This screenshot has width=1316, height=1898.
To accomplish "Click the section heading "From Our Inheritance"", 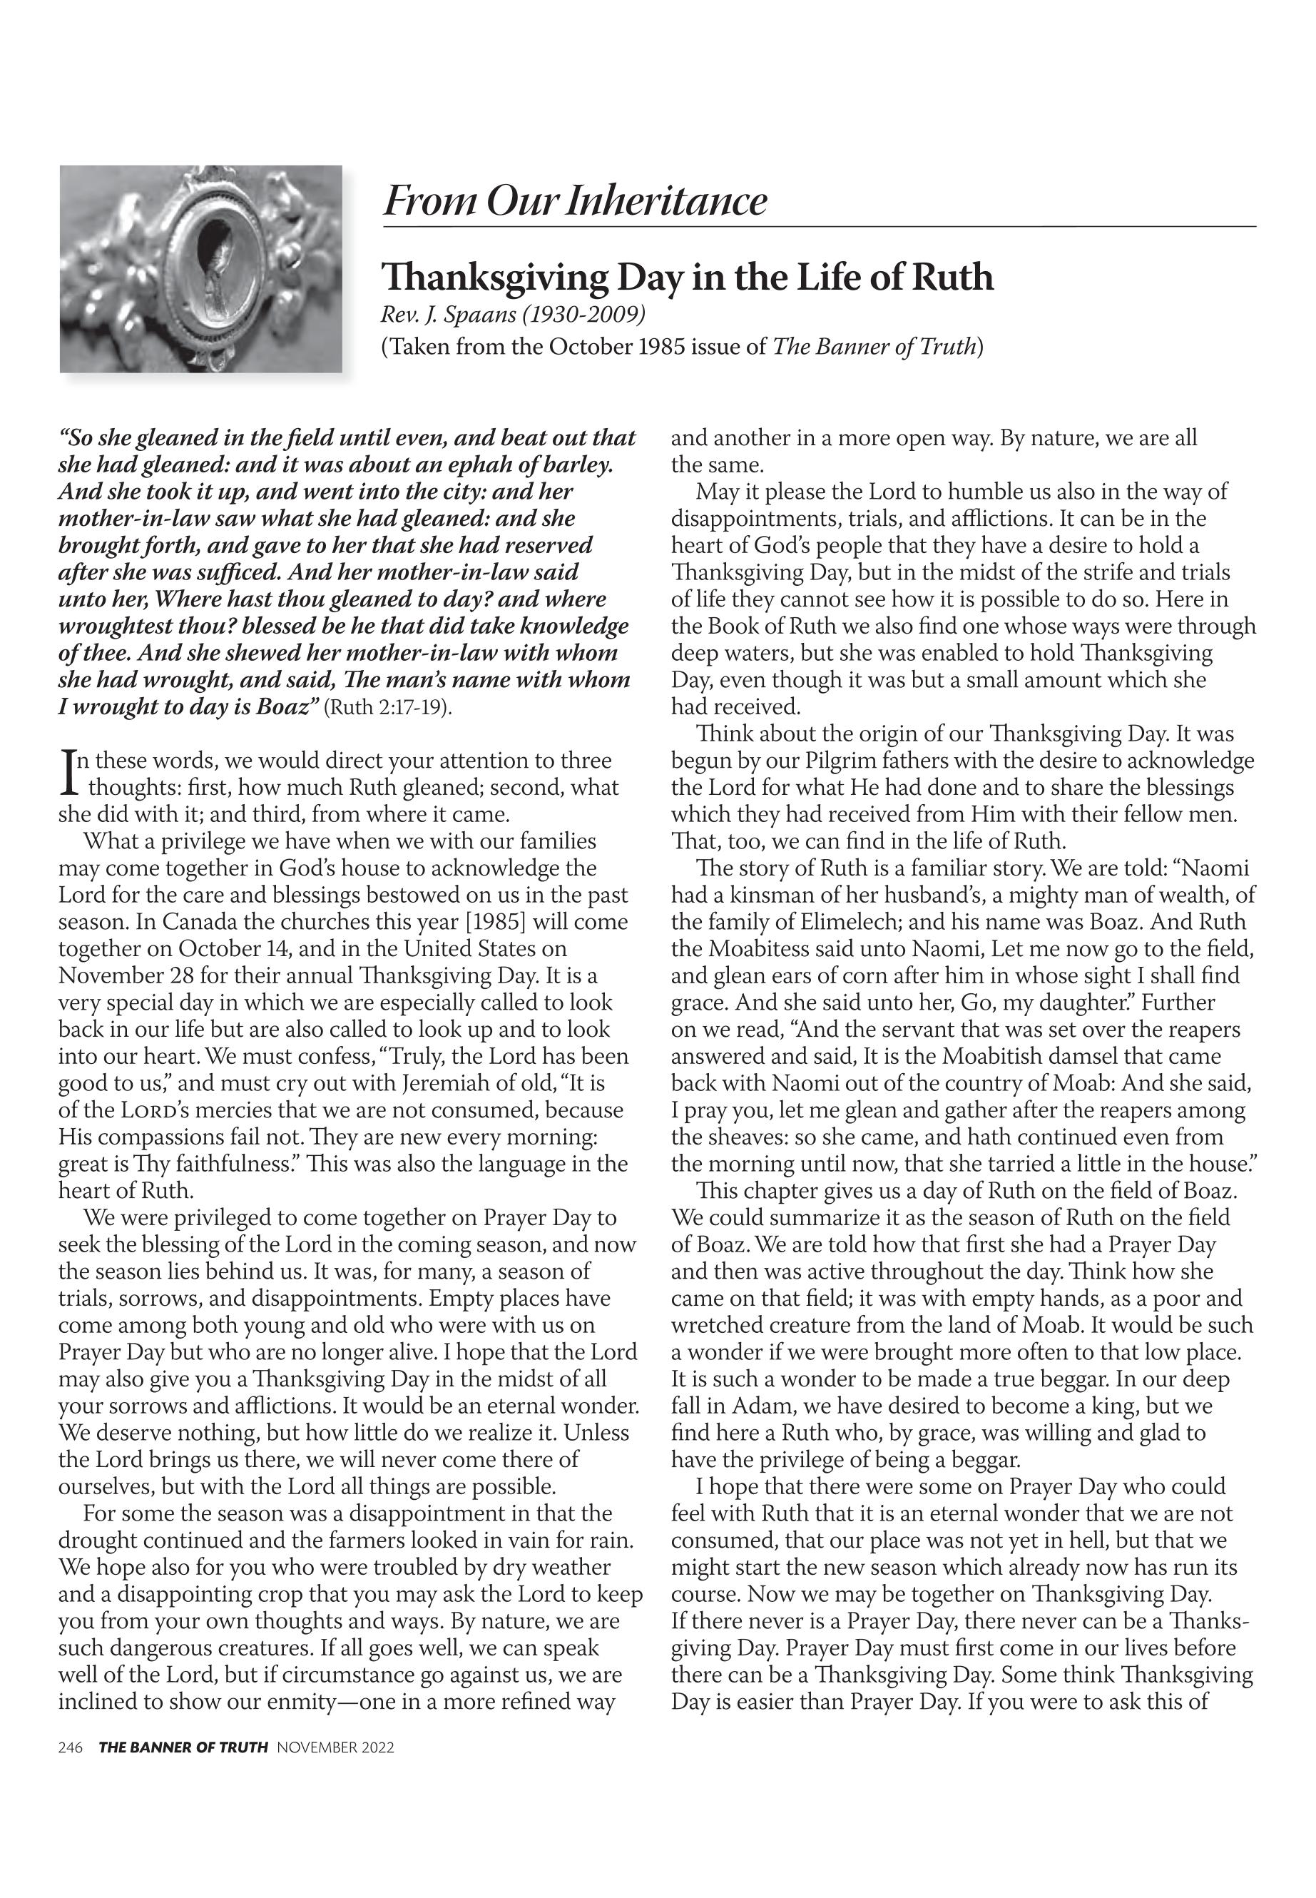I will coord(575,201).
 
